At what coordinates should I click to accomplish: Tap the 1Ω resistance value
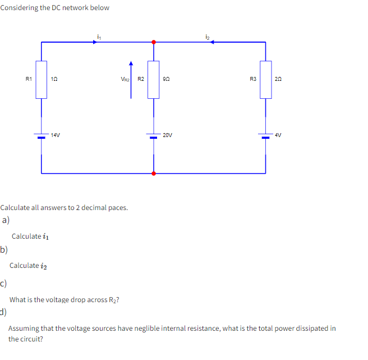54,80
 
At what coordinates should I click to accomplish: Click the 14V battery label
55,135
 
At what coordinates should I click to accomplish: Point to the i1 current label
99,36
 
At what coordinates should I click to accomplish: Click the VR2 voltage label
125,80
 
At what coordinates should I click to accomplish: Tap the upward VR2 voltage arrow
131,79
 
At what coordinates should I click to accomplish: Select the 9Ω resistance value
166,80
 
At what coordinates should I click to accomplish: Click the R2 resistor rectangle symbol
154,79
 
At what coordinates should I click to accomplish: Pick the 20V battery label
168,135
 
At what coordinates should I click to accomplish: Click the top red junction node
154,42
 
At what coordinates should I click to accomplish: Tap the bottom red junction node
154,174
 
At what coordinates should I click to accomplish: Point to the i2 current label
208,36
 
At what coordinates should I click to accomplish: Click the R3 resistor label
252,79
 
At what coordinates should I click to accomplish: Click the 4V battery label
278,135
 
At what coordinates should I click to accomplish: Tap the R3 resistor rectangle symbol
266,79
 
